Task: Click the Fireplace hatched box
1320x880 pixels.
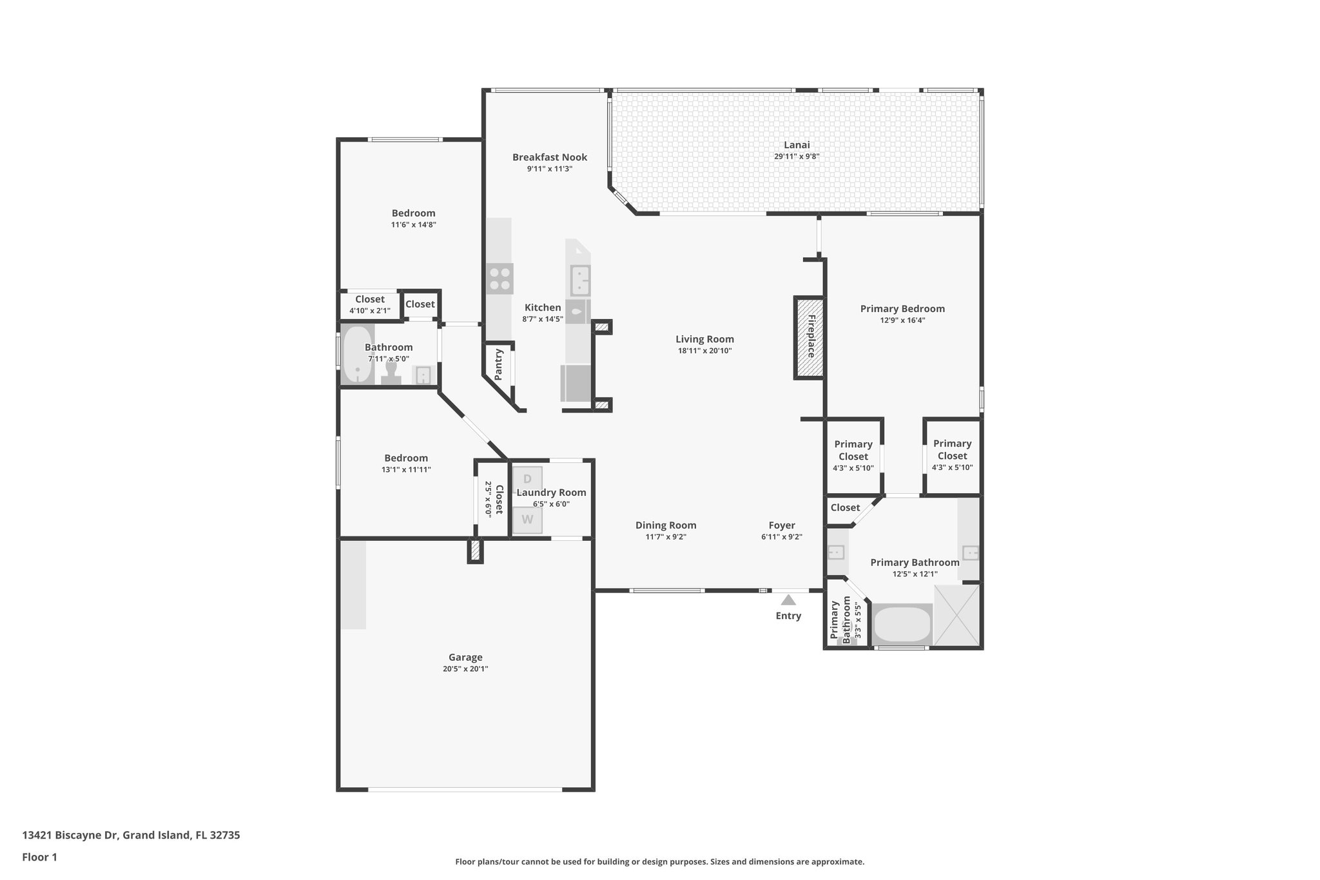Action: point(809,338)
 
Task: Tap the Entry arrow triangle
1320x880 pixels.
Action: point(788,600)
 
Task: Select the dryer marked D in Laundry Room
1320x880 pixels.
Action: point(527,480)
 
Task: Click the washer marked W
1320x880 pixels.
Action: point(527,520)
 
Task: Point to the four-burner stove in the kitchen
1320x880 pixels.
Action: point(500,279)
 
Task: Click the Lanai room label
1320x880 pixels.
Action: point(797,145)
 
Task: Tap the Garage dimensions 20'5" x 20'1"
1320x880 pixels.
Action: point(465,669)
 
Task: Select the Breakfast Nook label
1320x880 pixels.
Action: point(550,157)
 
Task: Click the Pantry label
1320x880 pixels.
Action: point(499,364)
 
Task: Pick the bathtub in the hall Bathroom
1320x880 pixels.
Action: point(356,355)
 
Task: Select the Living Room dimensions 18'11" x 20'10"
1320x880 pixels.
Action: point(704,351)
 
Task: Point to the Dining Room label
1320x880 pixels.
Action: point(666,525)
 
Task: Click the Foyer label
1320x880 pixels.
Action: point(781,525)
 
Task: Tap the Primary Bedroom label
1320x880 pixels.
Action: point(902,309)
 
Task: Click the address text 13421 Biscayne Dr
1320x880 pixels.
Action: point(70,835)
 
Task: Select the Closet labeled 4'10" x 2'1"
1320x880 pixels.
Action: point(369,304)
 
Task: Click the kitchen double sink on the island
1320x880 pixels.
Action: point(579,281)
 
